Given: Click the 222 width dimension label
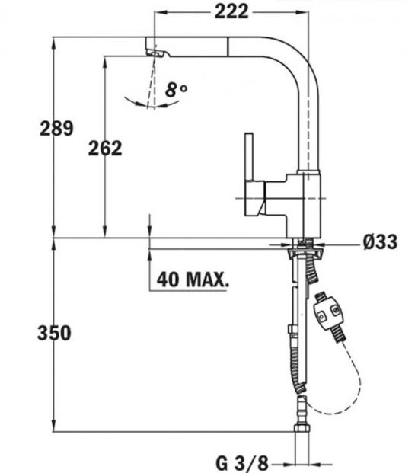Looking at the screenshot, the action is pyautogui.click(x=231, y=12).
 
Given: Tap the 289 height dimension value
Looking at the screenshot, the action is pyautogui.click(x=56, y=128).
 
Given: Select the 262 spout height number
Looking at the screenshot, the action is pyautogui.click(x=105, y=148).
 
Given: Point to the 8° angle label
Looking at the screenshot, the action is pyautogui.click(x=176, y=90).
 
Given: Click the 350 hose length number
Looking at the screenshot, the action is pyautogui.click(x=54, y=333).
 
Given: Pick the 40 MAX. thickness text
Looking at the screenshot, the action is pyautogui.click(x=193, y=280).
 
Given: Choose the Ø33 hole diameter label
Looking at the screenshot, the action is pyautogui.click(x=380, y=241).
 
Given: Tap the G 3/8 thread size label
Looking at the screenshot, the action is pyautogui.click(x=242, y=463).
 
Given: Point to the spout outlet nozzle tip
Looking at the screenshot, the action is pyautogui.click(x=156, y=53).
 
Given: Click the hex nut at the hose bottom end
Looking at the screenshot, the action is pyautogui.click(x=302, y=428).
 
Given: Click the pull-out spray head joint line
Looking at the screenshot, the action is pyautogui.click(x=228, y=46).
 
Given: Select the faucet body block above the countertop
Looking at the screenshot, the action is pyautogui.click(x=303, y=205).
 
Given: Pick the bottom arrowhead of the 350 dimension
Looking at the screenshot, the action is pyautogui.click(x=54, y=426).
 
